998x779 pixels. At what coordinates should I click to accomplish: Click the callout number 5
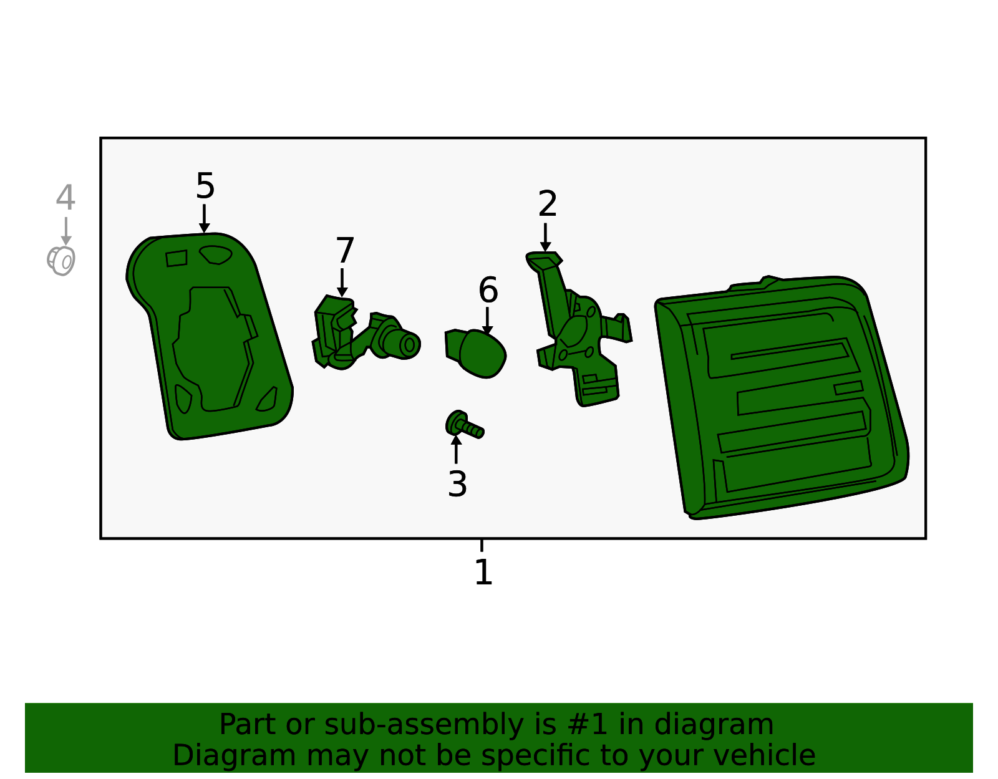tap(205, 186)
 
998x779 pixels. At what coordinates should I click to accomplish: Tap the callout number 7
tap(345, 250)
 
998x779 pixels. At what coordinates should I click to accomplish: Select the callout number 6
tap(488, 290)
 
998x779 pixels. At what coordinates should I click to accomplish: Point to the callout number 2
tap(548, 203)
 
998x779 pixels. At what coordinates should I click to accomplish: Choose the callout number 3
tap(457, 484)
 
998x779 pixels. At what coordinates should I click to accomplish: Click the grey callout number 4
tap(65, 197)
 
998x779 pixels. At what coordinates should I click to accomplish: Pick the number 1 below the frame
tap(483, 573)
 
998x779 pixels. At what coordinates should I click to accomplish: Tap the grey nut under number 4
tap(61, 261)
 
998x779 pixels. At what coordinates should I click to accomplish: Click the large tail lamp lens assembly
tap(782, 397)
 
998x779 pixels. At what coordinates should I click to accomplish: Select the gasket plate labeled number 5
tap(210, 336)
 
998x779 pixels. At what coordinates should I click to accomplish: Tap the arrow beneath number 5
tap(205, 218)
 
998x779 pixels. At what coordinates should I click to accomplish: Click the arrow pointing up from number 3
tap(456, 450)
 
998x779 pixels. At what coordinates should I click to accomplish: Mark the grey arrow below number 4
tap(66, 231)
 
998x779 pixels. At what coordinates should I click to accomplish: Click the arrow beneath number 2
tap(545, 238)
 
